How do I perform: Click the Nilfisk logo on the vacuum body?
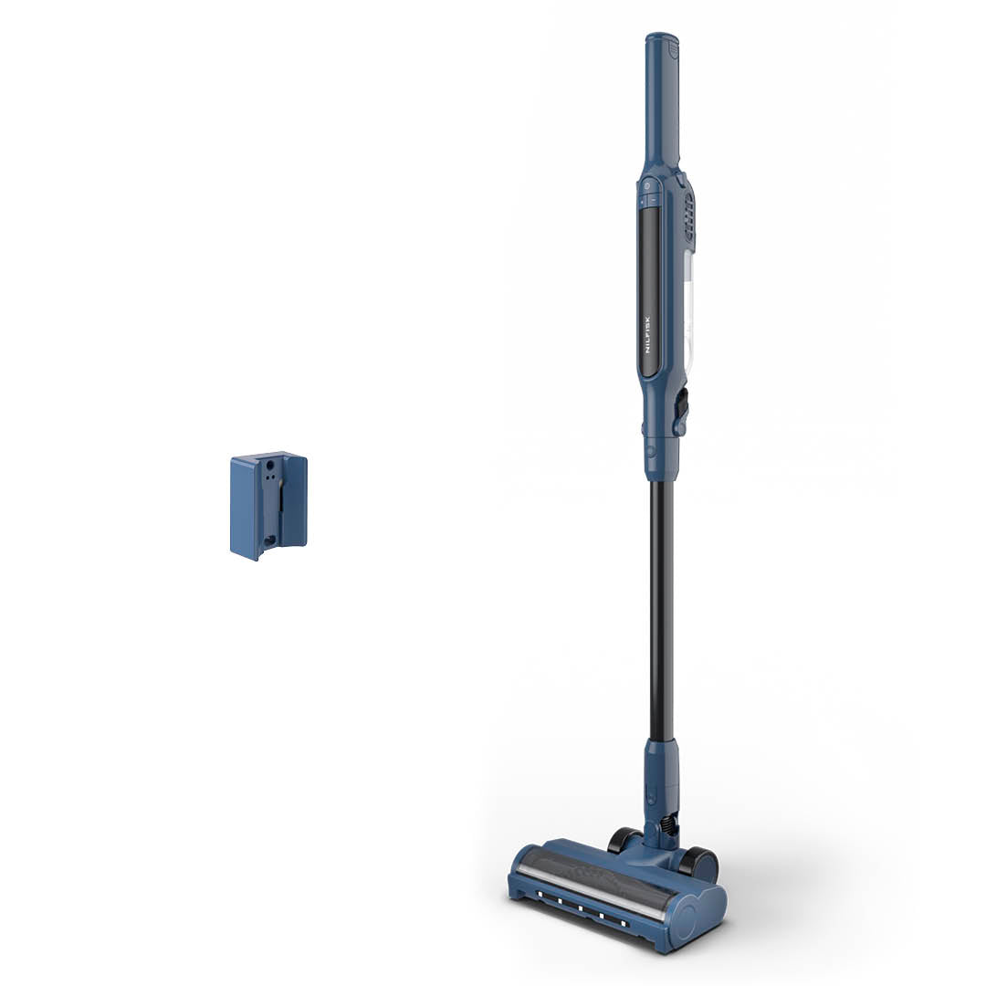coord(649,335)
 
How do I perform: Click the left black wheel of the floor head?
coord(624,839)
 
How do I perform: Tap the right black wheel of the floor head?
coord(699,863)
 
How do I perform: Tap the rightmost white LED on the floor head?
coord(624,925)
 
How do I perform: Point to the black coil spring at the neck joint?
coord(670,824)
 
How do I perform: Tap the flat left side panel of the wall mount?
coord(244,507)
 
